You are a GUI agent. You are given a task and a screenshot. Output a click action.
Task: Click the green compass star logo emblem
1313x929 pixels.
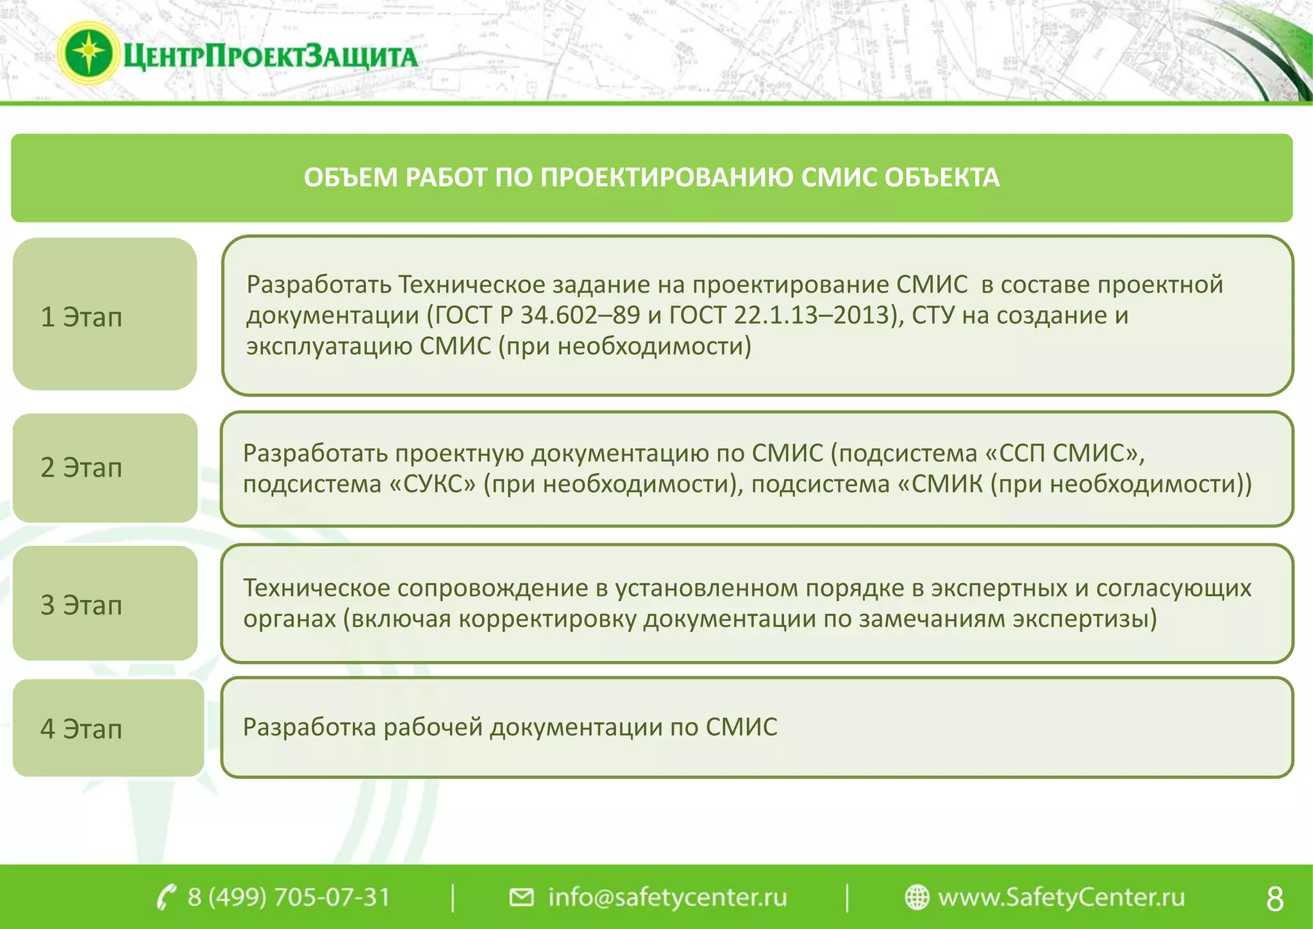pyautogui.click(x=88, y=54)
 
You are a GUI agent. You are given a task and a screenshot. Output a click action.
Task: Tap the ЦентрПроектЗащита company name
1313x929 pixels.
pyautogui.click(x=269, y=56)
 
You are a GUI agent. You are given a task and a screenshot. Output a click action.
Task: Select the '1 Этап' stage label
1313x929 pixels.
pyautogui.click(x=81, y=317)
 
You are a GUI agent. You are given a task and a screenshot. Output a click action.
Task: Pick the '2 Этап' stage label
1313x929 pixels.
pyautogui.click(x=81, y=468)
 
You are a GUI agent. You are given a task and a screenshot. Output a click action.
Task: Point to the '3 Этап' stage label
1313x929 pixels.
pyautogui.click(x=81, y=605)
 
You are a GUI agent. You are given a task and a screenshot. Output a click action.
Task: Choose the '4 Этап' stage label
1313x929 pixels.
pyautogui.click(x=81, y=729)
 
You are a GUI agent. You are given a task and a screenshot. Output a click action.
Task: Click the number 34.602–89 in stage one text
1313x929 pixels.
pyautogui.click(x=580, y=315)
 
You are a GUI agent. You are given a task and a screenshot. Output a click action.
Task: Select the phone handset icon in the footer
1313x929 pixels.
pyautogui.click(x=166, y=897)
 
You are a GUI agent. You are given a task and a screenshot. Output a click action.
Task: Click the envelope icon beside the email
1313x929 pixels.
pyautogui.click(x=521, y=897)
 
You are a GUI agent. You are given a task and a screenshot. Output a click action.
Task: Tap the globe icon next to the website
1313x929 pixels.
pyautogui.click(x=917, y=897)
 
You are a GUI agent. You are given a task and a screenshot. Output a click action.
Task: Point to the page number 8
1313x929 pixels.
pyautogui.click(x=1275, y=898)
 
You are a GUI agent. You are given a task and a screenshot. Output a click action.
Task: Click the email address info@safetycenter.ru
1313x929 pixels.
pyautogui.click(x=667, y=897)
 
